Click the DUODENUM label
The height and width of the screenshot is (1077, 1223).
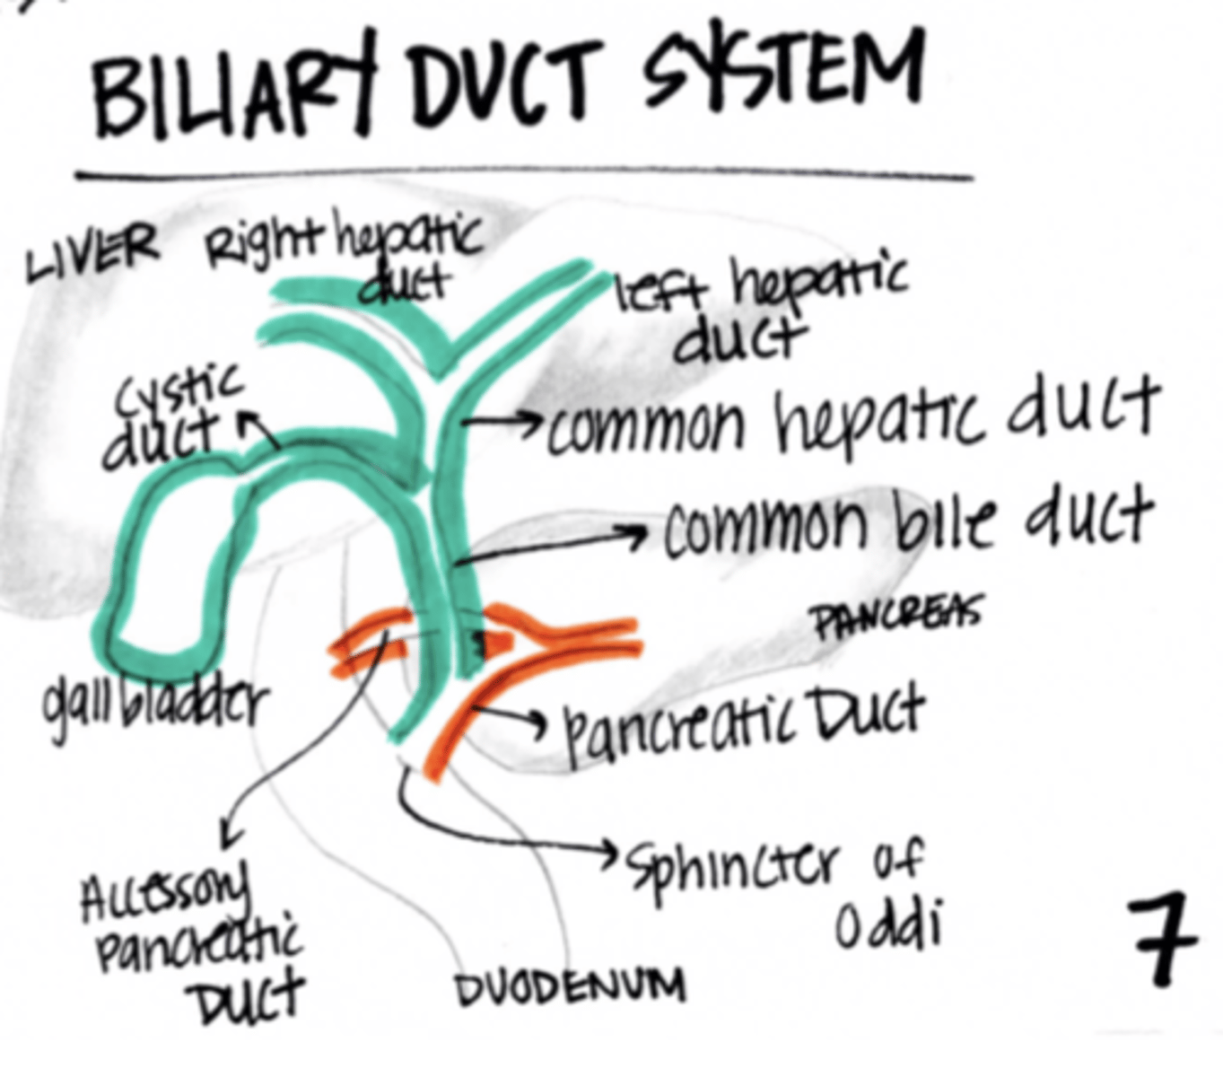pyautogui.click(x=571, y=987)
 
